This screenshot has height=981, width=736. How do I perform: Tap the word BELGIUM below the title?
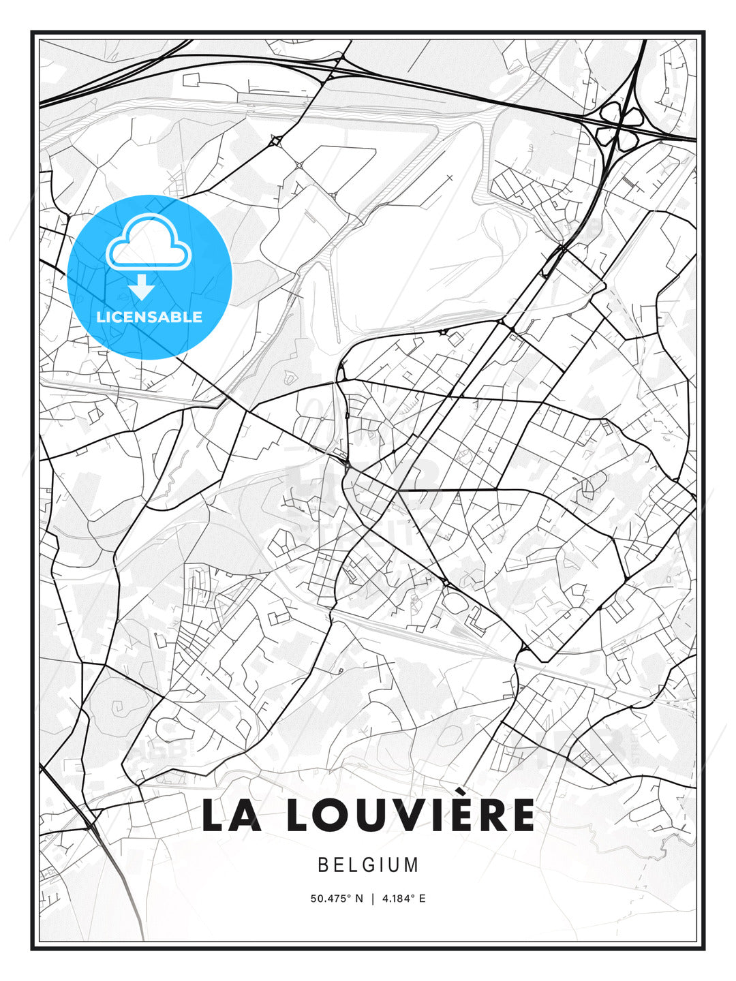point(368,865)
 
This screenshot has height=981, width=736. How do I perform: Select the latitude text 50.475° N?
point(337,899)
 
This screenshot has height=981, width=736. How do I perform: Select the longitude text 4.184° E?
point(403,899)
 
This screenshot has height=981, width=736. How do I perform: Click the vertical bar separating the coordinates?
point(372,899)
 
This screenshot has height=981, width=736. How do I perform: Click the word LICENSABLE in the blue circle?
point(149,317)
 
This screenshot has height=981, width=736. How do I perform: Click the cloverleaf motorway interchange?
point(618,127)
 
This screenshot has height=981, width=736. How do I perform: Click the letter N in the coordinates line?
point(359,899)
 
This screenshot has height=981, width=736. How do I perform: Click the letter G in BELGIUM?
point(367,865)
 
